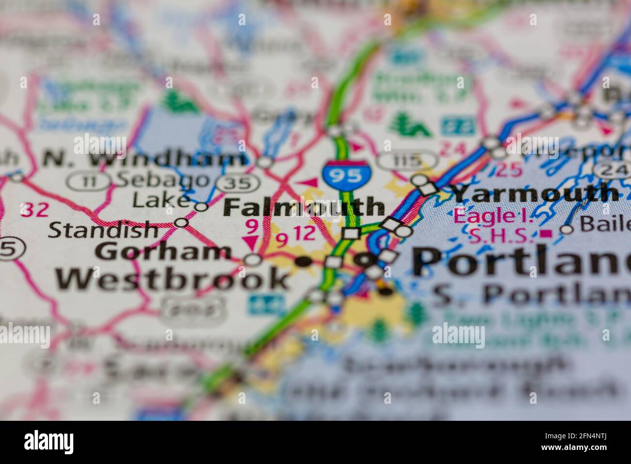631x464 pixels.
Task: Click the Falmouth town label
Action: [305, 207]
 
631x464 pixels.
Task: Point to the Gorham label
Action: [163, 251]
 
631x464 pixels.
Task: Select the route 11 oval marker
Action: [82, 182]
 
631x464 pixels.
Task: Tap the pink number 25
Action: [508, 169]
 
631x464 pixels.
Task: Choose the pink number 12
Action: [305, 234]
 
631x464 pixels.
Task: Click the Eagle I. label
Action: [493, 216]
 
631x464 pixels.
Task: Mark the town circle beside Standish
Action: [181, 223]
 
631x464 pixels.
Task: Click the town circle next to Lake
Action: [201, 207]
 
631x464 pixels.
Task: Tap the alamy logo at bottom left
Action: [49, 442]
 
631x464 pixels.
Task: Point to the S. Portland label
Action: [529, 294]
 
